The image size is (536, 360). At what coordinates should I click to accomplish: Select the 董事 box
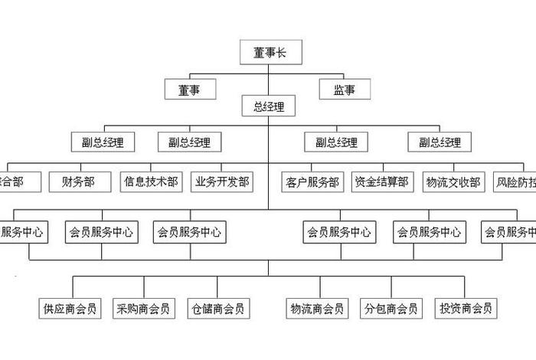pyautogui.click(x=189, y=90)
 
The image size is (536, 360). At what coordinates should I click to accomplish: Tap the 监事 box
pyautogui.click(x=345, y=90)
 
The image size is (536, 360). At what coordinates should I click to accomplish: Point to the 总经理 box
pyautogui.click(x=268, y=106)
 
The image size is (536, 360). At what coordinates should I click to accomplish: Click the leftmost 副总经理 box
pyautogui.click(x=103, y=142)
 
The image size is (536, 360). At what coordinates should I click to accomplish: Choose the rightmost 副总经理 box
pyautogui.click(x=440, y=142)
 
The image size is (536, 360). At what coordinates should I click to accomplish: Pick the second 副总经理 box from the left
pyautogui.click(x=189, y=142)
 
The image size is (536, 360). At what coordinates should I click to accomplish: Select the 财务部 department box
pyautogui.click(x=79, y=182)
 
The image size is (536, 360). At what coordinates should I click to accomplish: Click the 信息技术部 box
pyautogui.click(x=151, y=182)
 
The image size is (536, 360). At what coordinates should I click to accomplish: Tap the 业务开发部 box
pyautogui.click(x=222, y=182)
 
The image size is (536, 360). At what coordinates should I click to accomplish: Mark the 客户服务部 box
pyautogui.click(x=312, y=182)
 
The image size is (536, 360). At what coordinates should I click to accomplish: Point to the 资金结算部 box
pyautogui.click(x=381, y=182)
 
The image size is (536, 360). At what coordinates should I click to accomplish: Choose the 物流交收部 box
pyautogui.click(x=453, y=182)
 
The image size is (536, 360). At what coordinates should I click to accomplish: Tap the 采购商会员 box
pyautogui.click(x=143, y=309)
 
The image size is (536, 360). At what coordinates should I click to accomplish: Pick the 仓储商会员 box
pyautogui.click(x=218, y=309)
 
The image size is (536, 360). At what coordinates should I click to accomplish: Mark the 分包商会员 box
pyautogui.click(x=391, y=309)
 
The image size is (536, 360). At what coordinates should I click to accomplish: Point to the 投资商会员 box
pyautogui.click(x=466, y=309)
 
